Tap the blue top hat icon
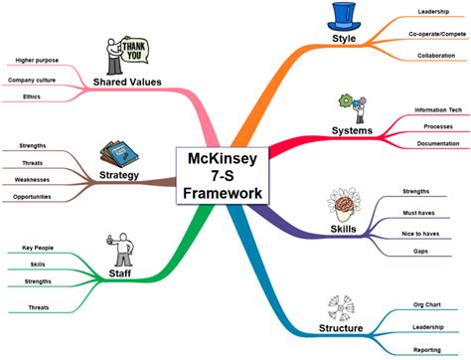click(344, 16)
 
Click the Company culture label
click(33, 79)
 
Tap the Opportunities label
click(33, 198)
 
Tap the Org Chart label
click(427, 304)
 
